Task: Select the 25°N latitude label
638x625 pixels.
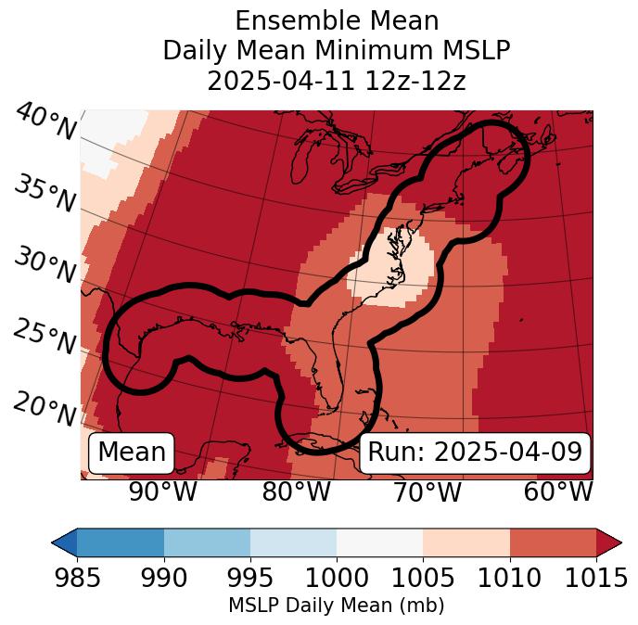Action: click(x=45, y=338)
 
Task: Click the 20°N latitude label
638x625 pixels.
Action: click(x=45, y=408)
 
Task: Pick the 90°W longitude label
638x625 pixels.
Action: click(x=162, y=491)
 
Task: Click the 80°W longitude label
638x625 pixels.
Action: click(x=294, y=491)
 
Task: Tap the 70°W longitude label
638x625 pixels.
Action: click(x=426, y=491)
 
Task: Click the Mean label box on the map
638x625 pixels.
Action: click(x=132, y=453)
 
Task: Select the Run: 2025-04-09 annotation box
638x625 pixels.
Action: click(x=475, y=453)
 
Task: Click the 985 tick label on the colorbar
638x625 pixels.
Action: click(x=78, y=578)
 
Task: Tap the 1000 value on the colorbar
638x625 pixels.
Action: click(x=337, y=578)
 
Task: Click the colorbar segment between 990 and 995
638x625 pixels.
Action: click(x=207, y=542)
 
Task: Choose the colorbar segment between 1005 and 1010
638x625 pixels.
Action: click(x=466, y=542)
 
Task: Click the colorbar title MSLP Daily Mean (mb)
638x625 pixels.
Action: click(x=337, y=606)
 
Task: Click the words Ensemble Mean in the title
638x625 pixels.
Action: click(x=337, y=20)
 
